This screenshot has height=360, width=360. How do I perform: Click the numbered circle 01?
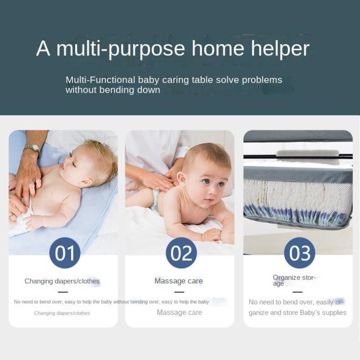[65, 253]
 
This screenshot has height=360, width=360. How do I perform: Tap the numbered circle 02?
[181, 253]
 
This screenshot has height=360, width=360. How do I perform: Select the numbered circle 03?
[300, 253]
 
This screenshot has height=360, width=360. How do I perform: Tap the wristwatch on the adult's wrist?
[32, 148]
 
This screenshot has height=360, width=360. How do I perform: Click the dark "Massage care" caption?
[179, 281]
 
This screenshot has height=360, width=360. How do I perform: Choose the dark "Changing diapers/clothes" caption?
[62, 281]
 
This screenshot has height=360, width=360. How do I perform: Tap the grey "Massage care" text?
[179, 312]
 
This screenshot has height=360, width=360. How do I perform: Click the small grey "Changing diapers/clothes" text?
[62, 313]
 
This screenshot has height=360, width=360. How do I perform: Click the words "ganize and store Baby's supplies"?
[297, 312]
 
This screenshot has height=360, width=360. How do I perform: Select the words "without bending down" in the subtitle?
[113, 90]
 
